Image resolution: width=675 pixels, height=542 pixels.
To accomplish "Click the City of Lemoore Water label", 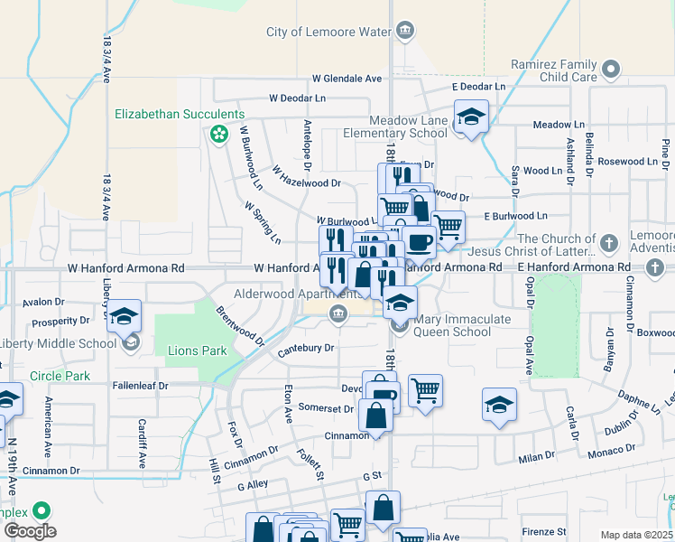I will click(x=328, y=32).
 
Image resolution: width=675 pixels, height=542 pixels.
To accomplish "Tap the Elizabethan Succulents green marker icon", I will click(x=217, y=135).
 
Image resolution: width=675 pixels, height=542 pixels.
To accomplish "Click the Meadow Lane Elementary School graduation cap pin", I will click(x=470, y=117).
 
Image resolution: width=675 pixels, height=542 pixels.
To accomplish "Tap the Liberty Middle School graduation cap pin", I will click(x=125, y=317).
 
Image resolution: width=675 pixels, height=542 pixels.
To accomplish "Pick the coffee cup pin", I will click(x=419, y=241).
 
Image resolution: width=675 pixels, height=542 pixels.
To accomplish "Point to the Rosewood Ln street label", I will click(x=614, y=162).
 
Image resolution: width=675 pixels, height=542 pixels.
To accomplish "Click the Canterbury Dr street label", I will click(x=305, y=347).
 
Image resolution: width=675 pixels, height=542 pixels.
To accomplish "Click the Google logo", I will click(x=30, y=531).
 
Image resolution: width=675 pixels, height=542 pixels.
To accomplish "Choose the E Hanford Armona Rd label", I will click(x=574, y=267).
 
